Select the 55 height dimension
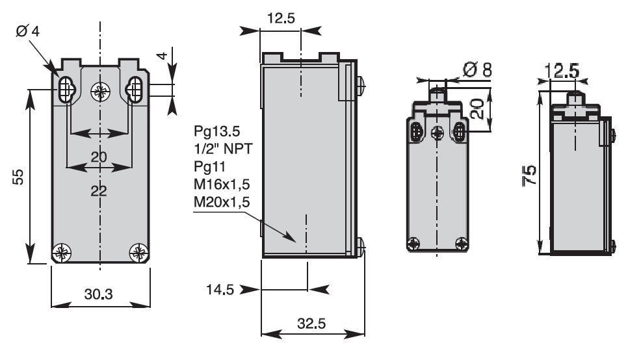[19, 177]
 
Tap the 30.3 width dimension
[98, 294]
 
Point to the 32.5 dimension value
[312, 323]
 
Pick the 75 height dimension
[530, 175]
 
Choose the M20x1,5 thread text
[223, 203]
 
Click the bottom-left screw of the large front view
[63, 251]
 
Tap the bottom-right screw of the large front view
[138, 251]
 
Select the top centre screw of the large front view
[100, 92]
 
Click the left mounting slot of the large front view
[65, 90]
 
